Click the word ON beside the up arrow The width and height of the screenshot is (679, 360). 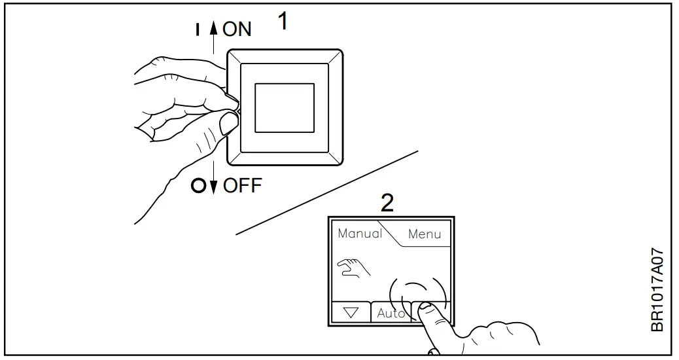coord(237,29)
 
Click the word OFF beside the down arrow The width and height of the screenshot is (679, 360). coord(242,185)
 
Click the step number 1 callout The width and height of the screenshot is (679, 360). coord(283,21)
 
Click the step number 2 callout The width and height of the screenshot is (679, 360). coord(387,203)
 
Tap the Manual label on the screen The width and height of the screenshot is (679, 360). coord(359,233)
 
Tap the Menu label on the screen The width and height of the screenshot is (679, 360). coord(425,234)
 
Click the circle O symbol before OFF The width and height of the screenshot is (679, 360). coord(198,186)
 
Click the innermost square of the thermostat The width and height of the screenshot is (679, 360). coord(284,107)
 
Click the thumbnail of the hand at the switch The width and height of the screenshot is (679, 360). coord(228,122)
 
